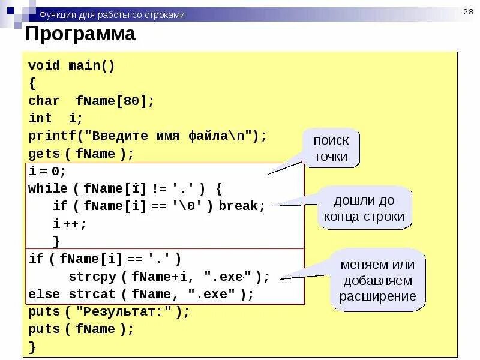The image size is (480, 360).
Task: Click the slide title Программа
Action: [x=80, y=34]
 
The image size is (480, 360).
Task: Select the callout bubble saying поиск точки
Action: [x=331, y=148]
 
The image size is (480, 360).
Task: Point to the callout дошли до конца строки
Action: [x=365, y=208]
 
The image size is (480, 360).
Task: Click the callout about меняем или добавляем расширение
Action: [x=378, y=280]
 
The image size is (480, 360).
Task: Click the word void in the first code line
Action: [x=44, y=66]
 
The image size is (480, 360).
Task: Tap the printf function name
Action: [x=49, y=136]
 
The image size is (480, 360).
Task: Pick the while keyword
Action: [x=48, y=188]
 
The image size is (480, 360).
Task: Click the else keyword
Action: [x=44, y=295]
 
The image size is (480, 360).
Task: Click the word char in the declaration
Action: [x=44, y=101]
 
